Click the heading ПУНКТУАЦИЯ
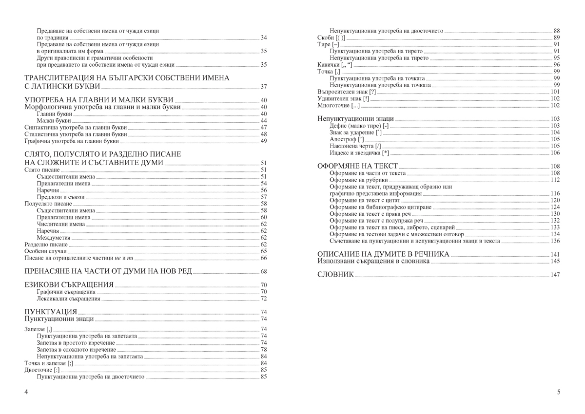click(51, 312)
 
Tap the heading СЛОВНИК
click(335, 275)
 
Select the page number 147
click(555, 275)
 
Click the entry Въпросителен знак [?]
click(346, 92)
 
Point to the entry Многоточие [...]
click(338, 105)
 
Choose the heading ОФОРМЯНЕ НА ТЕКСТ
click(357, 166)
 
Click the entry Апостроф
click(347, 139)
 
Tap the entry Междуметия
click(53, 238)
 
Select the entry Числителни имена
click(60, 224)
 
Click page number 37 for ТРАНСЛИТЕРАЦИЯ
click(264, 87)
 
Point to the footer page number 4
click(26, 392)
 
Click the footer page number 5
click(559, 392)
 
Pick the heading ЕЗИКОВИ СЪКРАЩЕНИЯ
click(69, 285)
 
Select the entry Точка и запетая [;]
click(49, 363)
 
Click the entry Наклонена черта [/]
click(355, 146)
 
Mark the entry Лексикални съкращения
click(68, 299)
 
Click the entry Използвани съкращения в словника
click(373, 261)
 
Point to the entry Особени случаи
click(45, 251)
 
